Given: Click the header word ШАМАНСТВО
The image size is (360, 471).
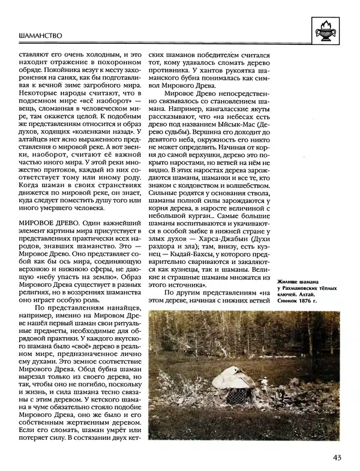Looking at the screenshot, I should tap(42, 36).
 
